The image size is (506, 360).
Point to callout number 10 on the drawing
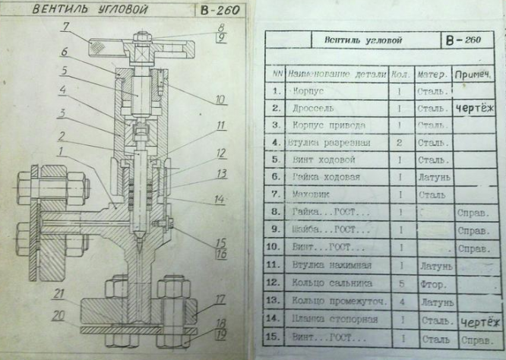[x=220, y=99]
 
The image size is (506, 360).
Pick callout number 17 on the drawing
[x=220, y=299]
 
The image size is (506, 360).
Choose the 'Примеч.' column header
[x=472, y=75]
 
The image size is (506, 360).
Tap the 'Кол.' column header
[x=400, y=75]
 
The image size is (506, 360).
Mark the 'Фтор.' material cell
[x=432, y=283]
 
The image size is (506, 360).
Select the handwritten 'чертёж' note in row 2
[x=475, y=109]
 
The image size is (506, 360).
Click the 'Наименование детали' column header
[x=337, y=75]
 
